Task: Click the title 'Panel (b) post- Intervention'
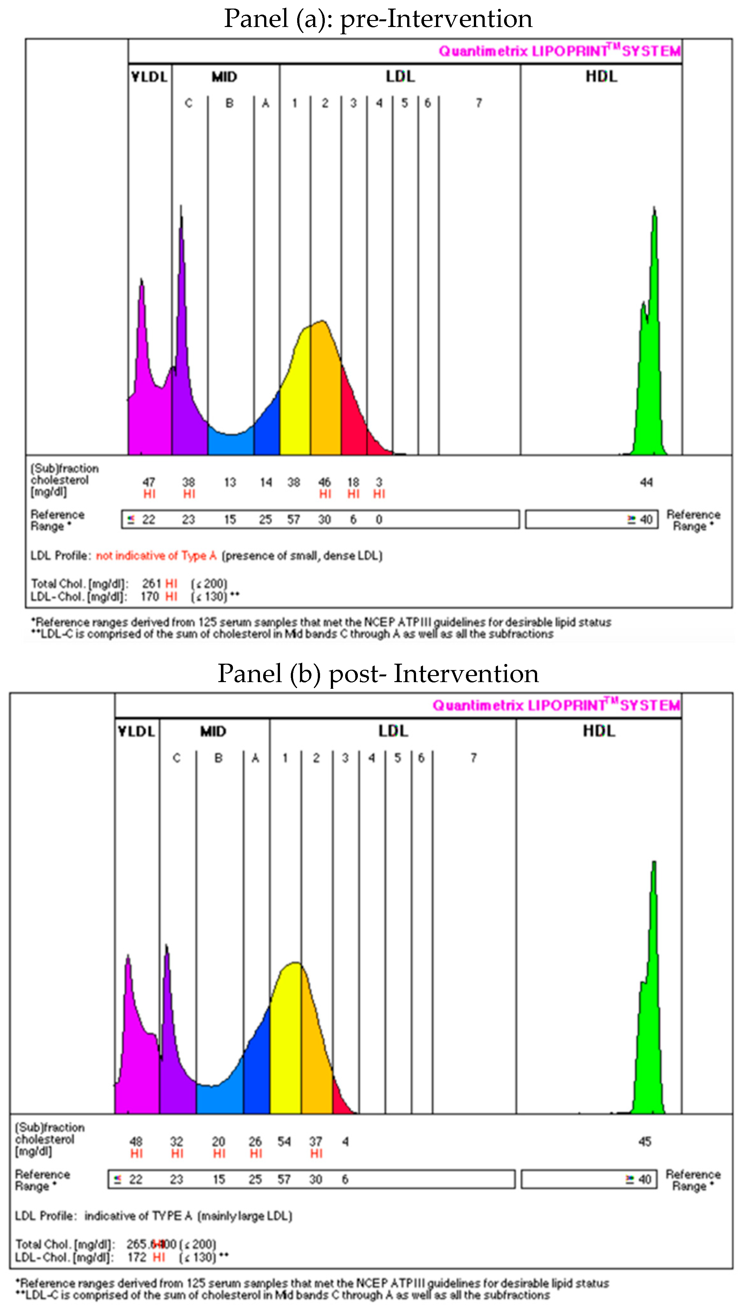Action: [378, 674]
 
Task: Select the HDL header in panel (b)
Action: [599, 731]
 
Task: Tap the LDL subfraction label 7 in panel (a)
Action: [479, 103]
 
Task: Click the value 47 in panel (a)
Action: [149, 482]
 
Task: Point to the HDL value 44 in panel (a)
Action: [646, 482]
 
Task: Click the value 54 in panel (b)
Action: [284, 1141]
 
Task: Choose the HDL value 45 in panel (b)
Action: [645, 1141]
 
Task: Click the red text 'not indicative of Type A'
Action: [156, 556]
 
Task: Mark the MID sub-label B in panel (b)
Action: [218, 758]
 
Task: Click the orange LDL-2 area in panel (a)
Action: [325, 393]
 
